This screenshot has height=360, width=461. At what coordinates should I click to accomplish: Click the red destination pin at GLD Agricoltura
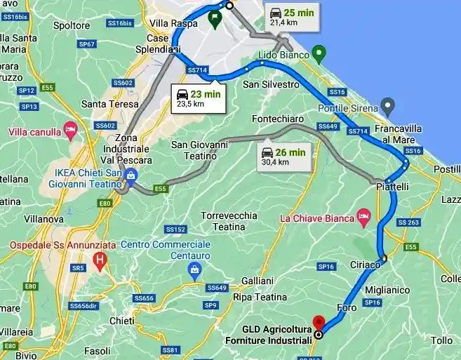click(318, 322)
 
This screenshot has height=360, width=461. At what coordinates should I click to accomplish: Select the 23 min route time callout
click(199, 98)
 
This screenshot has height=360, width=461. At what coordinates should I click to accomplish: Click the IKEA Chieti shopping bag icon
click(131, 175)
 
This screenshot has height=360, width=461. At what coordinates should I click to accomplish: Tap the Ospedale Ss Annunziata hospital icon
click(100, 263)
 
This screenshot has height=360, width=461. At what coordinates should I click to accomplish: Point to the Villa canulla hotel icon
click(69, 129)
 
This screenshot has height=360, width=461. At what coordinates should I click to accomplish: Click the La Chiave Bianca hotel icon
click(363, 214)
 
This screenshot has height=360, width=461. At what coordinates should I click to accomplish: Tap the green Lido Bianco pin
click(319, 53)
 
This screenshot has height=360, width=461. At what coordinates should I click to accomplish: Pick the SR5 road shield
click(78, 267)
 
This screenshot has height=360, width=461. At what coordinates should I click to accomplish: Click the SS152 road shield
click(175, 229)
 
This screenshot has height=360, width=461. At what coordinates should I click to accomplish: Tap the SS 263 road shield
click(408, 222)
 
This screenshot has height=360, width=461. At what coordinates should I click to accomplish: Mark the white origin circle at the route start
click(229, 6)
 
